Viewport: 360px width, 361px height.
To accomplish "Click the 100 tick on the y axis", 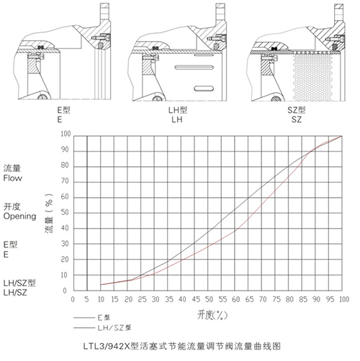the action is click(66, 134).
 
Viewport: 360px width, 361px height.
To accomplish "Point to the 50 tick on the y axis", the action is click(65, 212).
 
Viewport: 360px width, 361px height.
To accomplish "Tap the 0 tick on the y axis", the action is click(65, 291).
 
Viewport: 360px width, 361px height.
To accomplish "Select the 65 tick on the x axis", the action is click(249, 299).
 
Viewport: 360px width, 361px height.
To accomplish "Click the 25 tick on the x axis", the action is click(142, 299).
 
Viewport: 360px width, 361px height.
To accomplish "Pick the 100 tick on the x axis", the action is click(344, 299).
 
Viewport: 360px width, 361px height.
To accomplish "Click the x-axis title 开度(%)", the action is click(212, 315).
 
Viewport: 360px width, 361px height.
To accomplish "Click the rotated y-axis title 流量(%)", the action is click(49, 213).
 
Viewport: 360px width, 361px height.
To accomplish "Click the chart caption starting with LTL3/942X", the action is click(182, 347).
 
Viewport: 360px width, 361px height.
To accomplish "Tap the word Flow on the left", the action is click(12, 178).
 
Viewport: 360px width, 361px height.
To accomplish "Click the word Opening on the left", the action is click(19, 216).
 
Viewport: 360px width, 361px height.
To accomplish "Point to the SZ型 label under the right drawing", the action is click(297, 110).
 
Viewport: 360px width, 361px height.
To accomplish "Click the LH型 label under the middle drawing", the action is click(178, 110).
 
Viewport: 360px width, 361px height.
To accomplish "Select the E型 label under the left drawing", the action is click(63, 110).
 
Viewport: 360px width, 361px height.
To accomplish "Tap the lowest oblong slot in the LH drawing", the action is click(204, 88).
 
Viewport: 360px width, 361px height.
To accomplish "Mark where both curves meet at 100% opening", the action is click(342, 136).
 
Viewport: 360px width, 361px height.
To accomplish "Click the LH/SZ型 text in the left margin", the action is click(19, 283).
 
